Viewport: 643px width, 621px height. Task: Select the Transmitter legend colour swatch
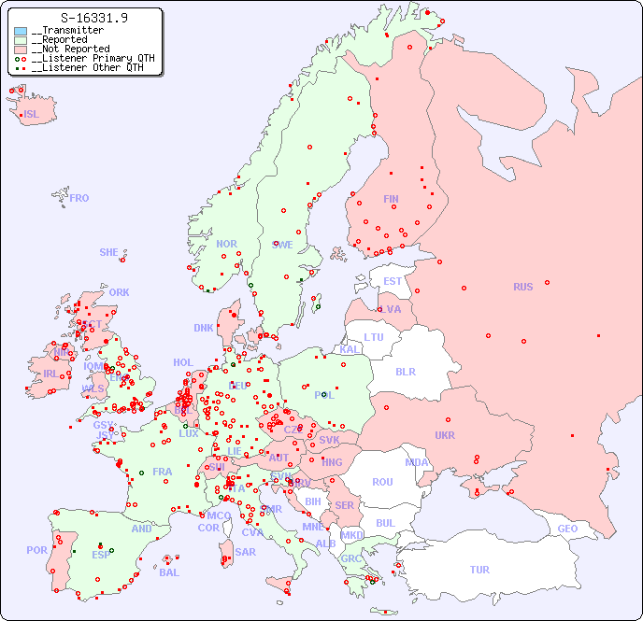coord(21,31)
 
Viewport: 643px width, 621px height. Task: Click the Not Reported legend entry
coord(70,49)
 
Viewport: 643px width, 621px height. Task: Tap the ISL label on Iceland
coord(32,115)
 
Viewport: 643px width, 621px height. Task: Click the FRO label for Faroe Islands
coord(79,198)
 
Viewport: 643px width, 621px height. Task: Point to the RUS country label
coord(522,287)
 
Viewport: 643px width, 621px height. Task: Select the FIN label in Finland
coord(391,199)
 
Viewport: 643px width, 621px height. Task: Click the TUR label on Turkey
coord(479,570)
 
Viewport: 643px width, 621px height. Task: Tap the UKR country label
coord(445,435)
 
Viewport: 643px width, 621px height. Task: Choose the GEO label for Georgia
coord(567,529)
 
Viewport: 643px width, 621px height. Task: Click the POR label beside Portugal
coord(36,550)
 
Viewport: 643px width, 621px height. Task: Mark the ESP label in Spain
coord(101,554)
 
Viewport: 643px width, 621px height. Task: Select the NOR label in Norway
coord(226,244)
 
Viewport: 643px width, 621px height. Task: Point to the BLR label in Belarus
coord(405,371)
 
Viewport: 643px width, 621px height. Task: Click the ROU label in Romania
coord(382,482)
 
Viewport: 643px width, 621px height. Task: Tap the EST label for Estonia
coord(393,281)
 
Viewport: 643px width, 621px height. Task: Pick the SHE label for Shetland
coord(109,252)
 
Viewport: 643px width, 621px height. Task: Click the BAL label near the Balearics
coord(169,572)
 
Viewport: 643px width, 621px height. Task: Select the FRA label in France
coord(163,472)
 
